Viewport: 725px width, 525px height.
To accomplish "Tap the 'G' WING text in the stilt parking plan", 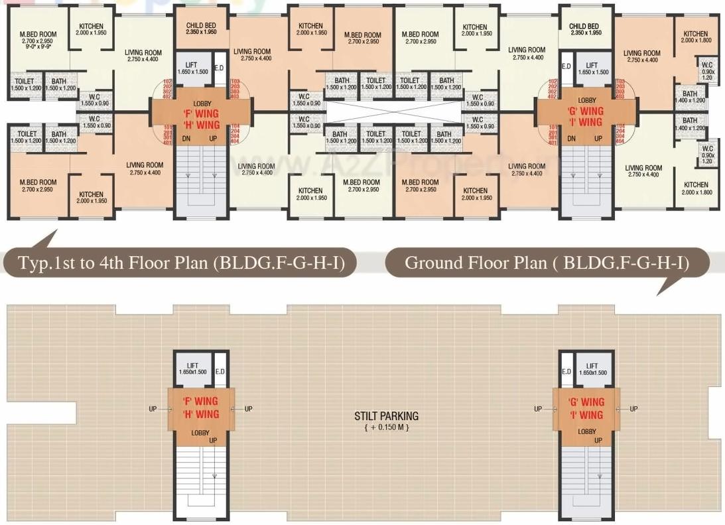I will tap(586, 402).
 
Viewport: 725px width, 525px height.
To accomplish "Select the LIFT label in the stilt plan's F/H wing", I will tap(193, 366).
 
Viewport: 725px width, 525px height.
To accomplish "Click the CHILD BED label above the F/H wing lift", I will tap(201, 27).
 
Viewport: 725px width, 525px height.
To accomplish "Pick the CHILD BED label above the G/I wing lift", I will tap(584, 27).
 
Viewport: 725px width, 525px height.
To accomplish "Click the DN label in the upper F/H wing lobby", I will tap(186, 138).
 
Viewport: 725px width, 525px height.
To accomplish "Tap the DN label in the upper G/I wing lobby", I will tap(572, 138).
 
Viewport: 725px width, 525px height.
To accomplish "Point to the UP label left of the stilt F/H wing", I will tap(153, 409).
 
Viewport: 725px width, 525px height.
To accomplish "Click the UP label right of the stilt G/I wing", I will tap(633, 409).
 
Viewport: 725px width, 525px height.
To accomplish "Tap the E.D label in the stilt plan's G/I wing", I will tap(566, 372).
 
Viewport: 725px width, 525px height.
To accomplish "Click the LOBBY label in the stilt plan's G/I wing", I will tap(586, 431).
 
